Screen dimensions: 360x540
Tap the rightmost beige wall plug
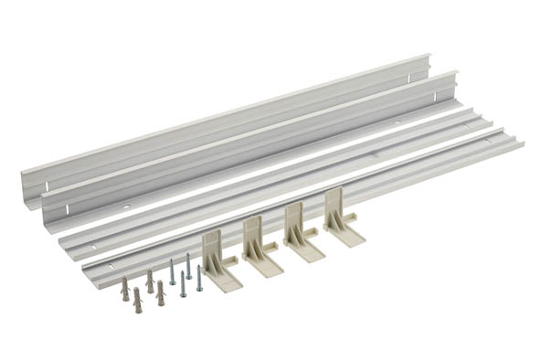161,292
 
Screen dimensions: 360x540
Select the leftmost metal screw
172,271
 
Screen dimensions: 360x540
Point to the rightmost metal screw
199,278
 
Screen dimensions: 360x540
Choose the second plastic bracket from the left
259,247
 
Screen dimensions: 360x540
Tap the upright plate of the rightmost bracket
334,206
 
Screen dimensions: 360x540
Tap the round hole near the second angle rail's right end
397,122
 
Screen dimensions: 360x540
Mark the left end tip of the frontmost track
85,279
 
